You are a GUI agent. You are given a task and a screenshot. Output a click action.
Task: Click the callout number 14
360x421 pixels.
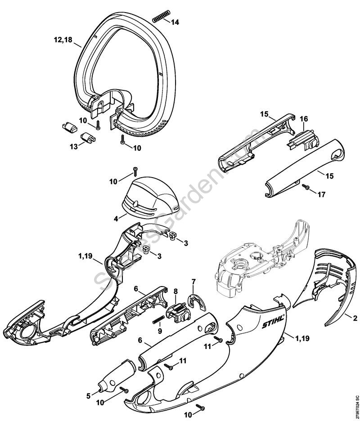175,22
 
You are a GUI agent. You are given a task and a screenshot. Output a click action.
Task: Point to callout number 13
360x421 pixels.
72,146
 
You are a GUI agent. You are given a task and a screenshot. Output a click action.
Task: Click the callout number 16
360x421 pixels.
304,118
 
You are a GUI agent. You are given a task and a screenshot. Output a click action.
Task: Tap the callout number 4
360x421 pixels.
116,218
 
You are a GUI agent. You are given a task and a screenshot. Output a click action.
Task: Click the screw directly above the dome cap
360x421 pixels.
135,171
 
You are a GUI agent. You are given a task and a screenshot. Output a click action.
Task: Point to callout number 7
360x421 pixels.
193,282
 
